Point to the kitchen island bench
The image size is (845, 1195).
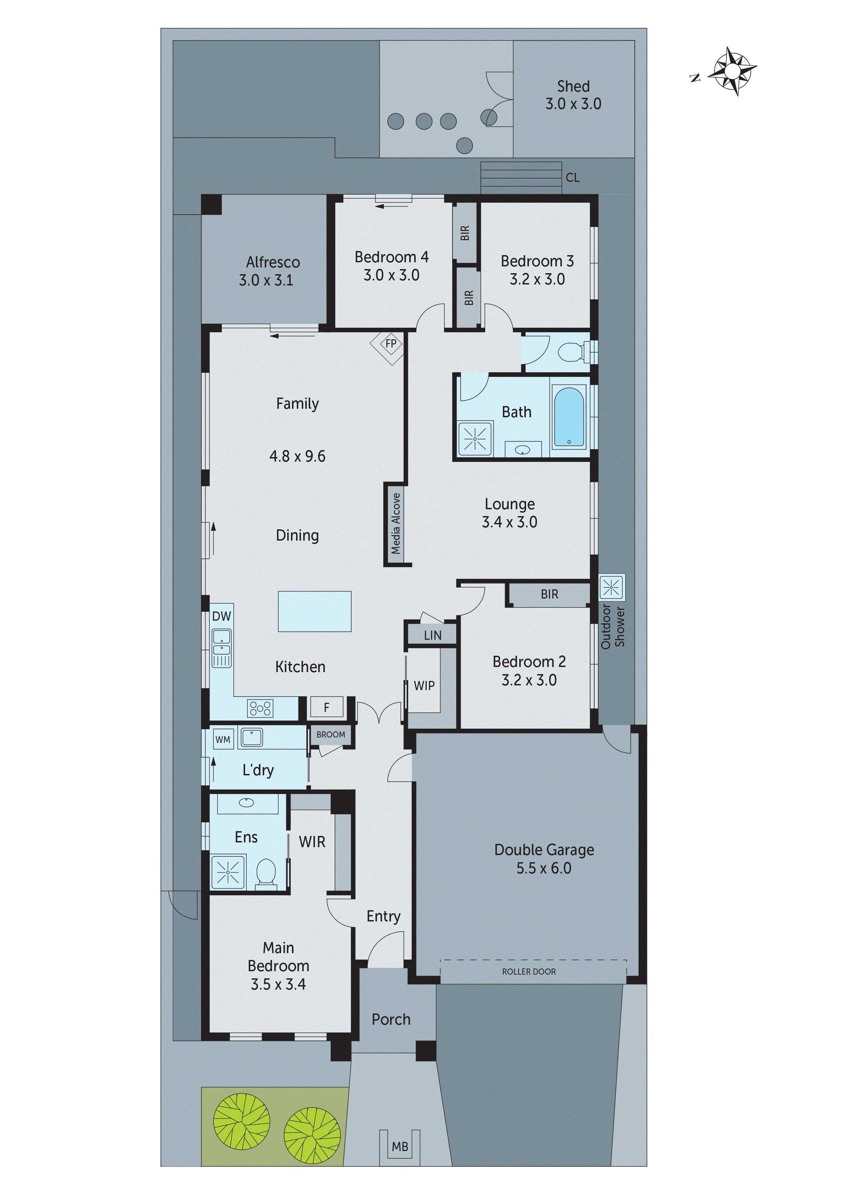314,611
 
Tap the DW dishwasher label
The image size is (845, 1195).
221,616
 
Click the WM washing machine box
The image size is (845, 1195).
223,740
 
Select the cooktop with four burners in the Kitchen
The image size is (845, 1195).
260,708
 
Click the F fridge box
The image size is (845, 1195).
326,707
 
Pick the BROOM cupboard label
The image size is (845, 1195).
331,734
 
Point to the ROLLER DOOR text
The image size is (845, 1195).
529,972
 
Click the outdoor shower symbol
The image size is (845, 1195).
611,588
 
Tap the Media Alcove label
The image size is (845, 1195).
396,524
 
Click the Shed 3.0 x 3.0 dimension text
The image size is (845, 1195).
573,104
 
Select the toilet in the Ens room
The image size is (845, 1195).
266,873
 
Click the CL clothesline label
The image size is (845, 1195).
573,178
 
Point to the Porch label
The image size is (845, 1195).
391,1020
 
